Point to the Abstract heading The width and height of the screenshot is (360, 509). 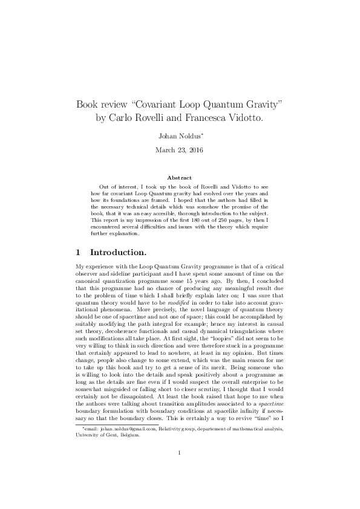[180, 178]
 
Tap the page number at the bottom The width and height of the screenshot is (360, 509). [180, 469]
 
